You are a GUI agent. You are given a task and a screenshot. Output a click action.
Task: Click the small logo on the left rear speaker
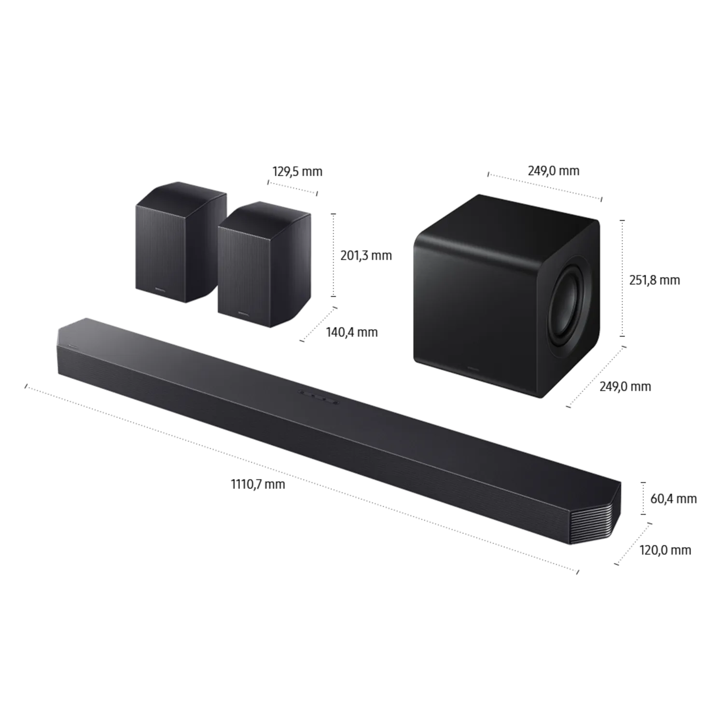[x=158, y=288]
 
